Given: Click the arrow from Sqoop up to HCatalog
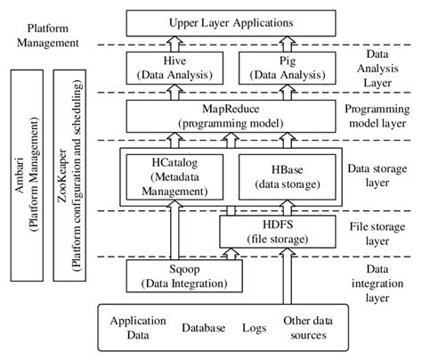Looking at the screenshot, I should click(173, 233).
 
